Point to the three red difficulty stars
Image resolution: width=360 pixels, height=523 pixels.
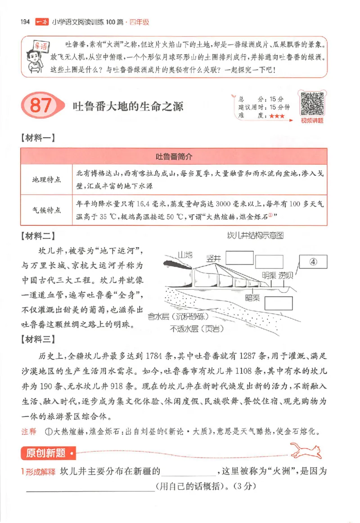click(277, 116)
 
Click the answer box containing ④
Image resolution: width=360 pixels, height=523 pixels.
click(313, 262)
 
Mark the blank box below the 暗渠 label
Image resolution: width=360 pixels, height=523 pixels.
click(278, 304)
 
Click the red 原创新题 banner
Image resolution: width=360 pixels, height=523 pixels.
click(46, 453)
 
